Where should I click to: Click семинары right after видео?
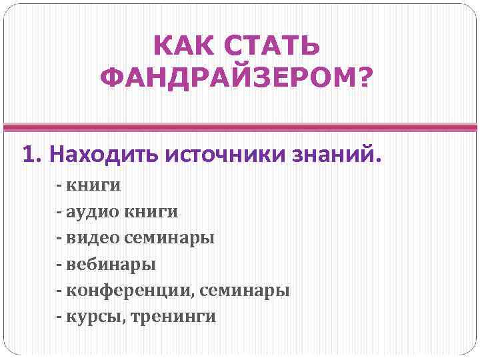(169, 239)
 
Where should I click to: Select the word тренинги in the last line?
(174, 317)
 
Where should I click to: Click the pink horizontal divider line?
(240, 126)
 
